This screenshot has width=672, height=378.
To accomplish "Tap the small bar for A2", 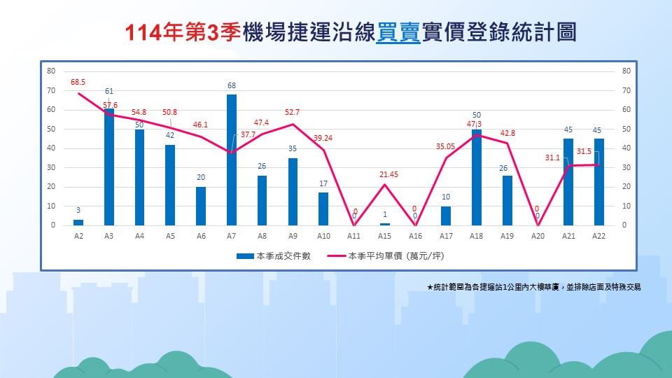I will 78,223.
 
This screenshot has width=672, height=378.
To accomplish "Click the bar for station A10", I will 323,209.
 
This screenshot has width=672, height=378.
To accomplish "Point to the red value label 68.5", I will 78,82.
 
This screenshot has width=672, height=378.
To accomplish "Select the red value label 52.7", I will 293,112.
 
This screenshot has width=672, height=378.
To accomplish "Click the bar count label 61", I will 109,91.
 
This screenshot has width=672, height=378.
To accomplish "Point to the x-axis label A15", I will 384,237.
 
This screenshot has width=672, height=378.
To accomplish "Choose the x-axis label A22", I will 598,237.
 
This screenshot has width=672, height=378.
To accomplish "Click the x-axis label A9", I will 293,237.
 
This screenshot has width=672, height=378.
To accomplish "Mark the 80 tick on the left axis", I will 51,71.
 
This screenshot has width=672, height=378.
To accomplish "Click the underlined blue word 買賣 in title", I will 398,32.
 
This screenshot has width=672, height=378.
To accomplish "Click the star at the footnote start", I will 430,287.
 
